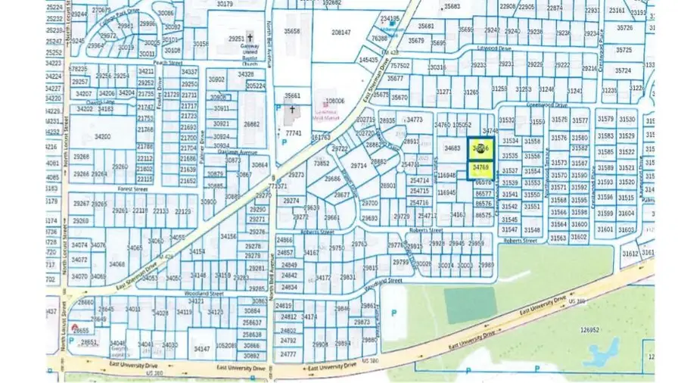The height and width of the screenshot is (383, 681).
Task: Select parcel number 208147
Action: click(x=341, y=33)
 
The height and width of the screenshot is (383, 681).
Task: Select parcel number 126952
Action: click(x=583, y=330)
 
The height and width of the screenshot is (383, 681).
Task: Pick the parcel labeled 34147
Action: click(x=201, y=349)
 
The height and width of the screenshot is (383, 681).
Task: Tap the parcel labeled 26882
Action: click(x=252, y=124)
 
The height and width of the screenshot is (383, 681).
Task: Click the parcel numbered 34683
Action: click(x=452, y=148)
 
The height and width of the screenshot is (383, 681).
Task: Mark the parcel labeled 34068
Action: click(x=117, y=264)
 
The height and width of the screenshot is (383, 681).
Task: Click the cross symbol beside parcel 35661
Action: click(x=292, y=110)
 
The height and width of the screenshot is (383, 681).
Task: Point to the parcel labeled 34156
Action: click(x=228, y=237)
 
